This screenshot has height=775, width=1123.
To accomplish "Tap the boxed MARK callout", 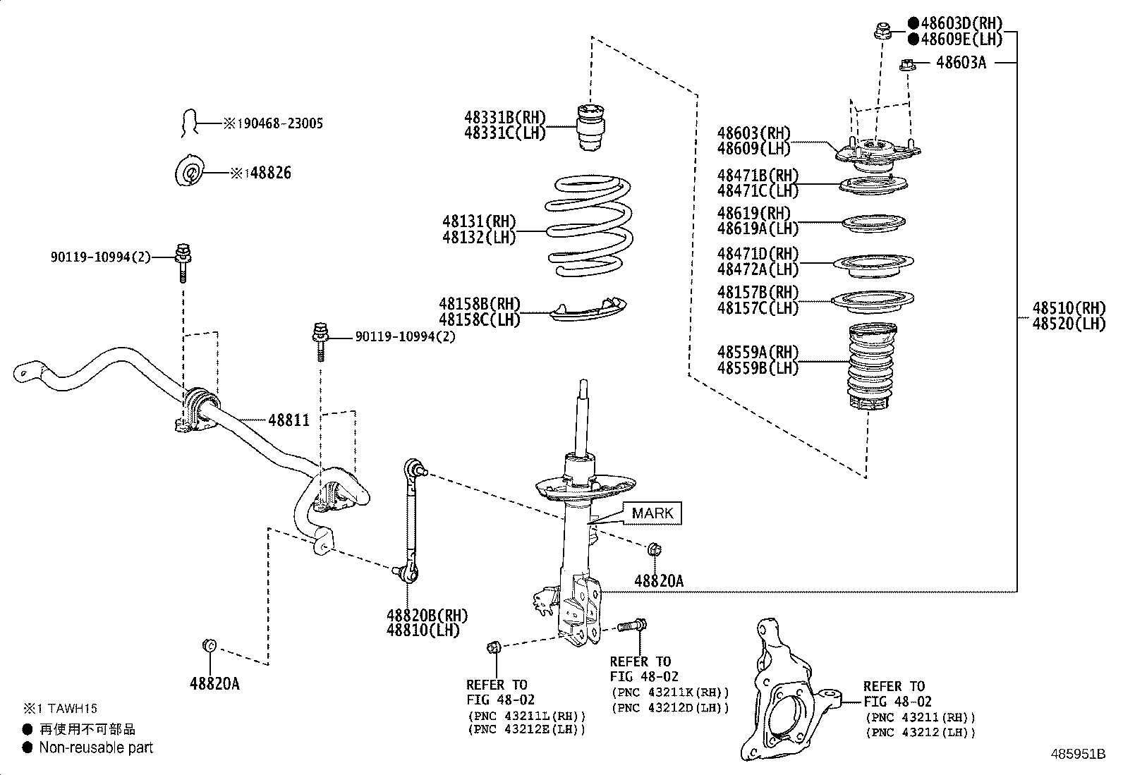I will [x=652, y=513].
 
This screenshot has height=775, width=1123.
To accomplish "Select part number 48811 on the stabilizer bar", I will [x=289, y=421].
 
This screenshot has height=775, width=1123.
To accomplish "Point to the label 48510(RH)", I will [x=1069, y=308].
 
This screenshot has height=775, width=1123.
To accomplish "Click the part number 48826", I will [x=270, y=173].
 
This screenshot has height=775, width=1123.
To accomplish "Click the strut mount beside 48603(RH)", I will [x=878, y=154].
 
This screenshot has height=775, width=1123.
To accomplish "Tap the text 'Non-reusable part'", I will [x=96, y=747].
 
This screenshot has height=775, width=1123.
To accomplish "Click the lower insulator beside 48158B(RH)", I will [x=590, y=308].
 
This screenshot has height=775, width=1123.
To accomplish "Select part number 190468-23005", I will [x=279, y=123].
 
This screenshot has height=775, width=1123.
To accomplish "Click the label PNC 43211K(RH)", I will [x=670, y=692].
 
